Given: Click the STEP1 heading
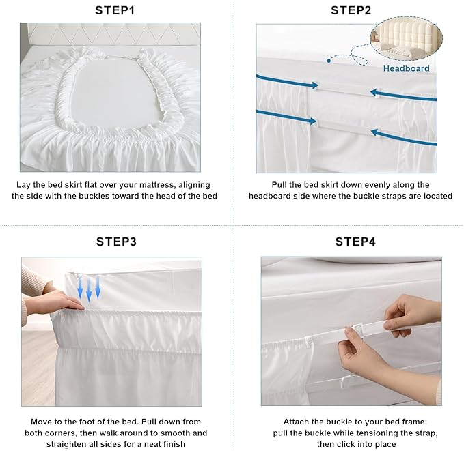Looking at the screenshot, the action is [x=115, y=10].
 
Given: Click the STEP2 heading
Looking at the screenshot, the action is [x=351, y=10].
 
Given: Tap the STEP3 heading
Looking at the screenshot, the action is [x=116, y=242].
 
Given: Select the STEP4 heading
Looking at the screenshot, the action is [x=355, y=242].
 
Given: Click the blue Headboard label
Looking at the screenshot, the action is [x=406, y=68].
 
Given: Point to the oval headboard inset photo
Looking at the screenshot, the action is [x=407, y=38].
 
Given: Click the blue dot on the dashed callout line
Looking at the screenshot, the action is [x=329, y=61].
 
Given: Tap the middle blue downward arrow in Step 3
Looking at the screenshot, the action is [x=89, y=289].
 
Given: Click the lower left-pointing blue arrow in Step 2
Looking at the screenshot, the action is [x=404, y=138].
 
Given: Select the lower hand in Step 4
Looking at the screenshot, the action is [x=385, y=366].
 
